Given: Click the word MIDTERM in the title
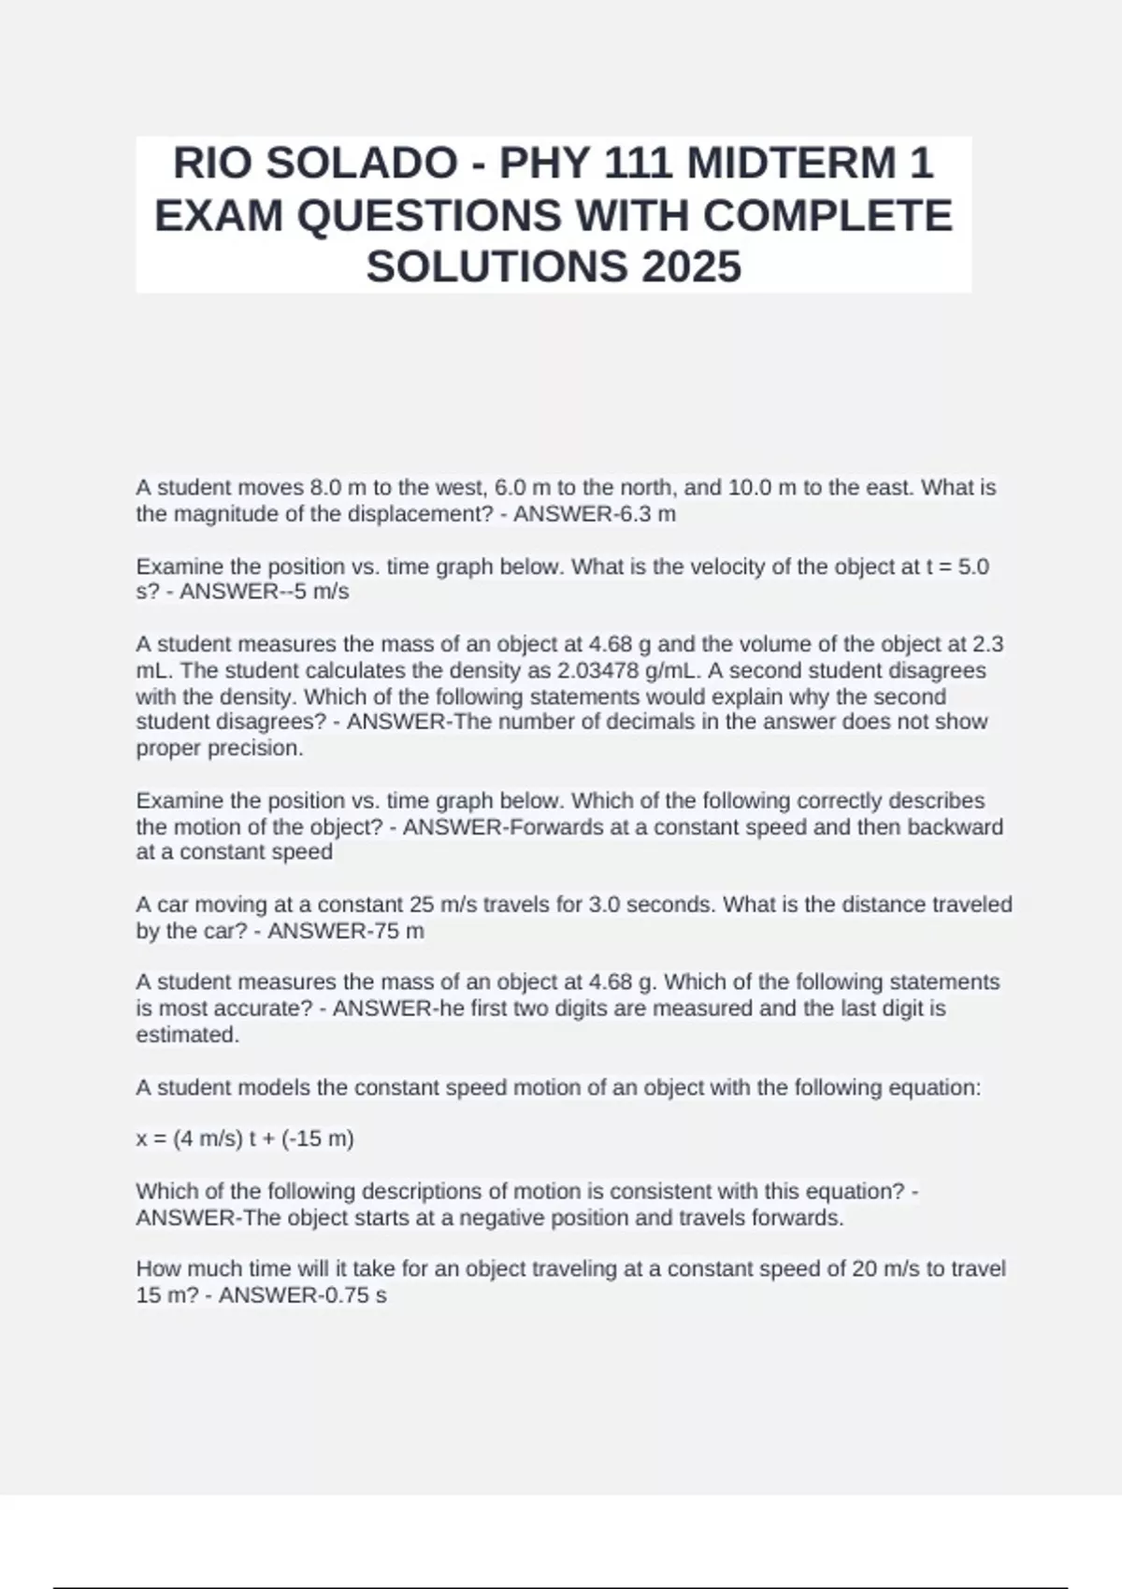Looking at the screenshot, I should (x=791, y=164).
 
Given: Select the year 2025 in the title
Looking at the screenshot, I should (x=691, y=266).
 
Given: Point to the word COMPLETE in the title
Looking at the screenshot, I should (x=827, y=216).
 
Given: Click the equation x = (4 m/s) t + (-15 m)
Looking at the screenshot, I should (x=245, y=1138).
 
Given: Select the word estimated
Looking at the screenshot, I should (x=187, y=1035).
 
